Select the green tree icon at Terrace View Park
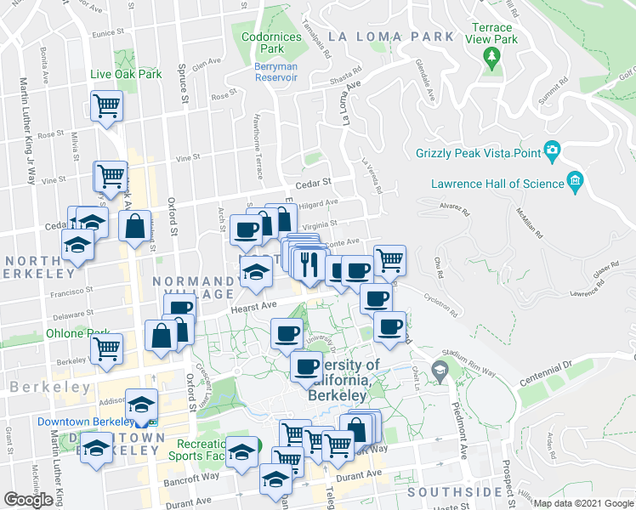[491, 57]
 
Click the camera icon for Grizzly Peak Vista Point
[552, 152]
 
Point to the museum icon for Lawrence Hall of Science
[576, 182]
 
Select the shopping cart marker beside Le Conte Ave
[389, 260]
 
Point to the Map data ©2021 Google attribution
[583, 503]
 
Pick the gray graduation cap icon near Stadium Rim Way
[439, 370]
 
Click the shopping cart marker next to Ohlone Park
[107, 348]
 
